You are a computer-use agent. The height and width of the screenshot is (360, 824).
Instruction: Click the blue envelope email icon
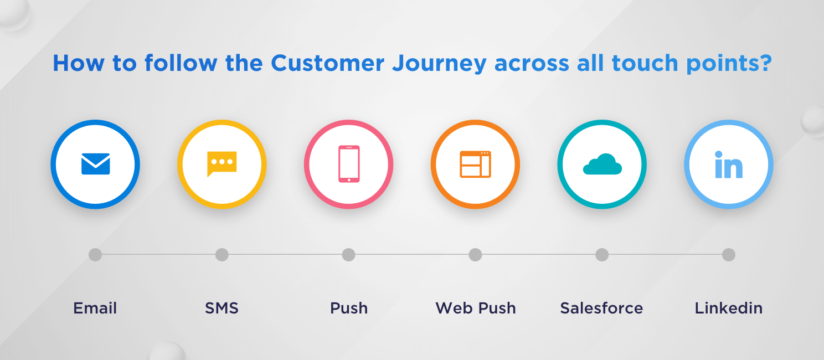pos(95,164)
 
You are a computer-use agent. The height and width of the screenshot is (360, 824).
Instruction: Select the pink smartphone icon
pos(349,164)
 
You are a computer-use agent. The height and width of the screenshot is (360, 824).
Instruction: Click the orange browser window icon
pos(475,164)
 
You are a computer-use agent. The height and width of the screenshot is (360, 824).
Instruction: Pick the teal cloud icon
pos(602,164)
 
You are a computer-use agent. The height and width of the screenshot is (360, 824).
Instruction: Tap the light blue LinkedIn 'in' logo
pos(728,165)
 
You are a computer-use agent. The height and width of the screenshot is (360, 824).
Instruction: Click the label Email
pos(95,308)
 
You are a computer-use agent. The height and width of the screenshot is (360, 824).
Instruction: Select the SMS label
pos(222,308)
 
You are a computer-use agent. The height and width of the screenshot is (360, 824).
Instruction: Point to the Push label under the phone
pos(349,308)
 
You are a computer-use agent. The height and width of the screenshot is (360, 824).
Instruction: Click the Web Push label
pos(476,308)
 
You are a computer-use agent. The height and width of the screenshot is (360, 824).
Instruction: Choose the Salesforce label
pos(602,308)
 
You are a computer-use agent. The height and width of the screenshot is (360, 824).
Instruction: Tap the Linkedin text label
pos(729,308)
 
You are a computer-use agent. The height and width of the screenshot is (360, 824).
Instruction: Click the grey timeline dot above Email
pos(95,255)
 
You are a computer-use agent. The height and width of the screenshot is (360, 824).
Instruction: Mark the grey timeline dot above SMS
pos(222,255)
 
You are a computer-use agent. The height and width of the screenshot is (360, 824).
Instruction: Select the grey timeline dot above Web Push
pos(475,255)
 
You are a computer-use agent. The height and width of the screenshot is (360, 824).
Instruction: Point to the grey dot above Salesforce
pos(602,255)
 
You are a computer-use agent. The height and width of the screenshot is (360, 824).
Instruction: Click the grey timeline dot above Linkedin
pos(729,255)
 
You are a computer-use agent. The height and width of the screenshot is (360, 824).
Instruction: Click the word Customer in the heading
pos(327,64)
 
